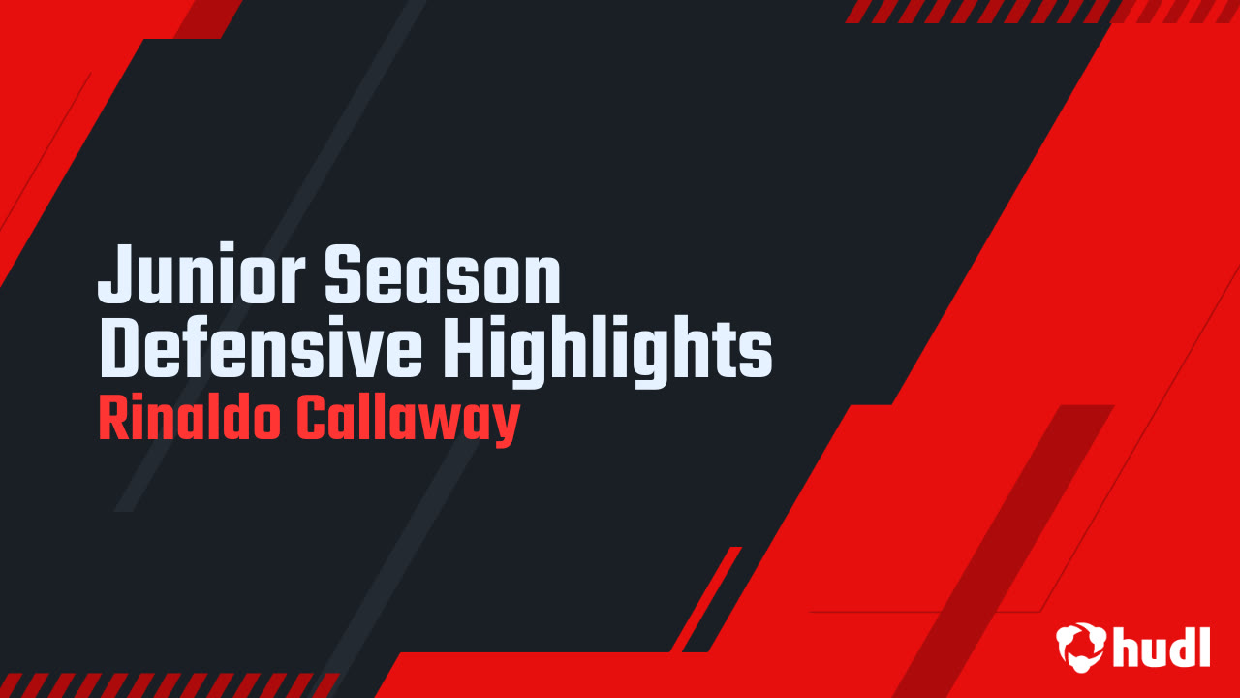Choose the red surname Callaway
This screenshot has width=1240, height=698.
click(409, 421)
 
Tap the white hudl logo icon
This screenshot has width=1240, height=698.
click(1080, 647)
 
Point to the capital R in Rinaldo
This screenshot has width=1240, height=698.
click(111, 419)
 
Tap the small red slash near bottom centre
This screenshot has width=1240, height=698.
click(706, 599)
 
